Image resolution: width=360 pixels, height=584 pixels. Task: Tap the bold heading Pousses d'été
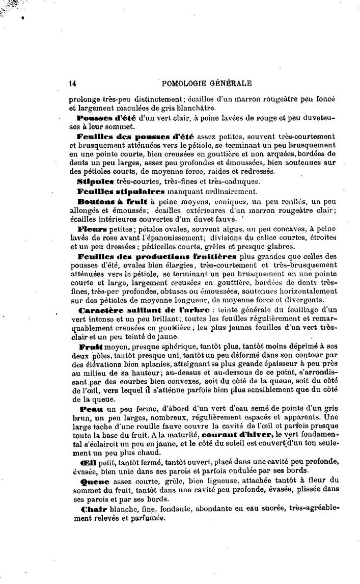105,118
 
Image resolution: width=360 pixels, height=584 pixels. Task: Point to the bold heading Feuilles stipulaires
121,191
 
